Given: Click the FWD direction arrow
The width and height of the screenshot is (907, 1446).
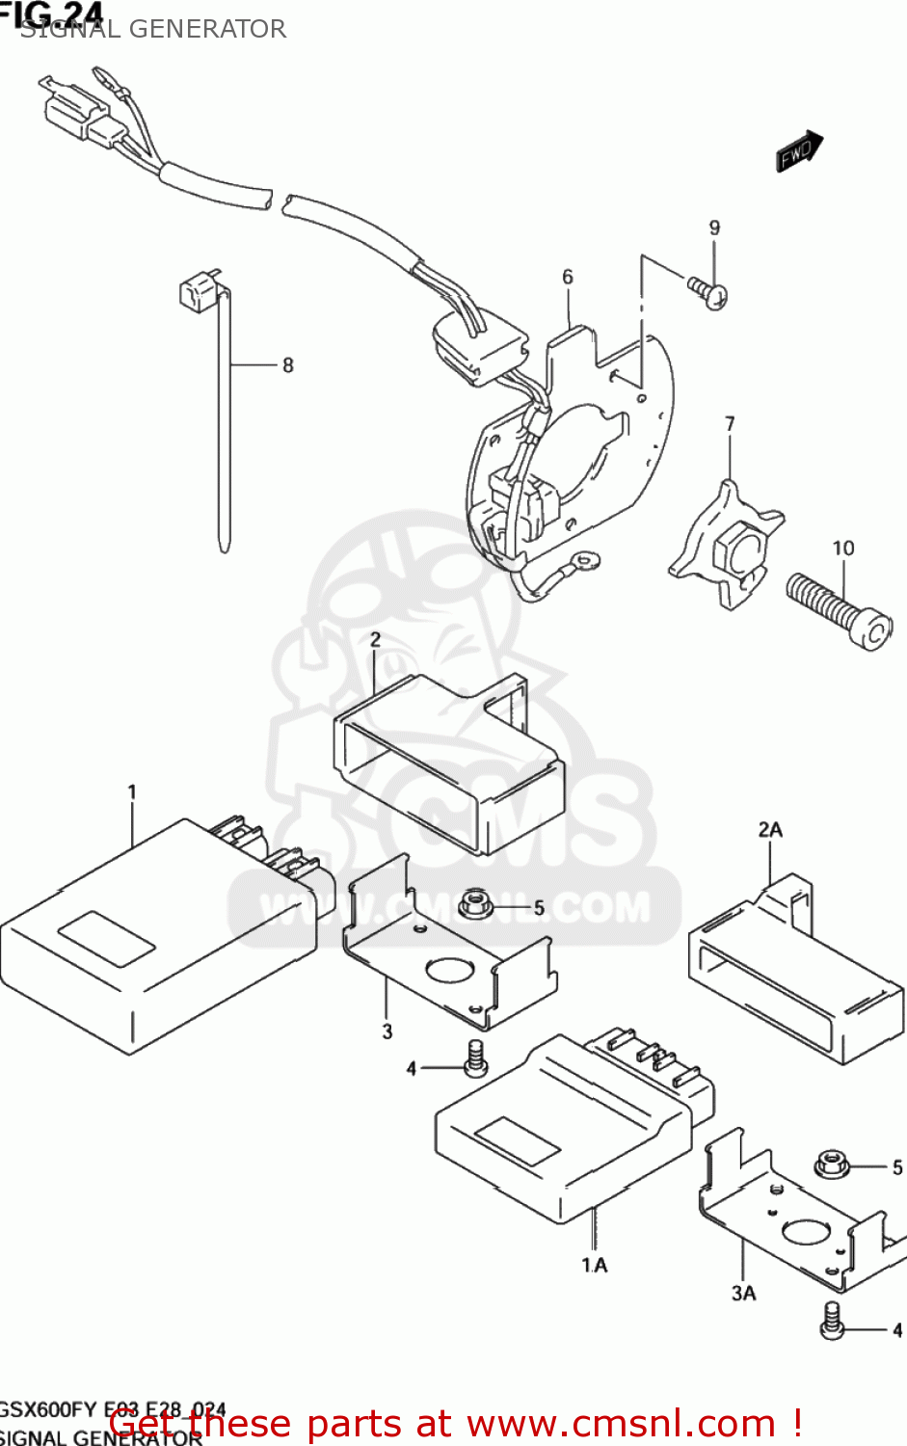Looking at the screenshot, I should (x=799, y=151).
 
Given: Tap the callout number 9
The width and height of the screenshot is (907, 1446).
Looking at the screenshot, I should (x=714, y=228).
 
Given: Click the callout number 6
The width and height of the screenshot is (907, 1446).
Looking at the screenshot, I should (x=568, y=278).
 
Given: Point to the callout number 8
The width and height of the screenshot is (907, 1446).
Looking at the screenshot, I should (x=287, y=365).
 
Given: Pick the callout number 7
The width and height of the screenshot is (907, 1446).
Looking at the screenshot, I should (x=730, y=424).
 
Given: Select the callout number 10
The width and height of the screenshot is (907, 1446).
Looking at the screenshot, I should (x=843, y=549).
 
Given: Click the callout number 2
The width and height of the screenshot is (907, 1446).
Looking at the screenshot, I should (x=375, y=639).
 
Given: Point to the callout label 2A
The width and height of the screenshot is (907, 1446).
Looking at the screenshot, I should (x=770, y=829).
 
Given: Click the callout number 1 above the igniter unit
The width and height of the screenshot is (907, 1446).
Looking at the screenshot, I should (x=132, y=792).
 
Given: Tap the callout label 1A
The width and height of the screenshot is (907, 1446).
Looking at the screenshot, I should (x=595, y=1265).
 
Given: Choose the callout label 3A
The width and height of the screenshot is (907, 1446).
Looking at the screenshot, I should (x=743, y=1294).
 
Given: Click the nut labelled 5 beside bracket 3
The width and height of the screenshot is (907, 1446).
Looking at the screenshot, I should (x=474, y=904).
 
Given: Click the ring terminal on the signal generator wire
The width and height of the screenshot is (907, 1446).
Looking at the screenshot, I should (x=583, y=559).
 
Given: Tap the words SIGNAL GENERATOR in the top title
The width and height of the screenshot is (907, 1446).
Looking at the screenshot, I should (x=154, y=29).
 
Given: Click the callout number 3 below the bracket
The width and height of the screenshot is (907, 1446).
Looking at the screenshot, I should (x=387, y=1031).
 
